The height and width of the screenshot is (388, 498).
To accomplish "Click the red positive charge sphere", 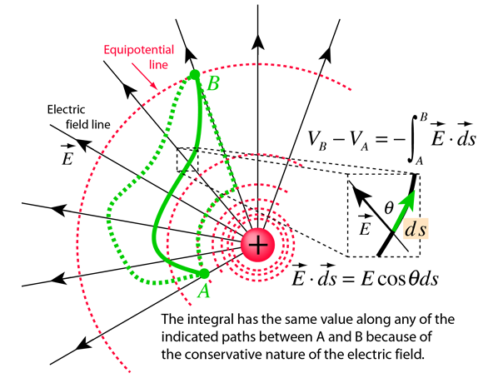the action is click(257, 245).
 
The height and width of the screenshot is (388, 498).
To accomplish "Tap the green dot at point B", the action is click(195, 75).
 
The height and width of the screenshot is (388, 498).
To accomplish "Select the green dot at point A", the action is click(204, 273).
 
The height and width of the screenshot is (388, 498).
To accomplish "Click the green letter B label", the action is click(213, 84).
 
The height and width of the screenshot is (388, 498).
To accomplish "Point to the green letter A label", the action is click(203, 291).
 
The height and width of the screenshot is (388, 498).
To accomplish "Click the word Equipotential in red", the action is click(139, 50).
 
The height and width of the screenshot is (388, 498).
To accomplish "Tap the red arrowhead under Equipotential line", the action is click(154, 85).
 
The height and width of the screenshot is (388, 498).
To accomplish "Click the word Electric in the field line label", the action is click(66, 110).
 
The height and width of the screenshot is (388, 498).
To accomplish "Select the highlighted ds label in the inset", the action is click(416, 229).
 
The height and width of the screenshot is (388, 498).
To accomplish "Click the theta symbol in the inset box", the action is click(389, 208).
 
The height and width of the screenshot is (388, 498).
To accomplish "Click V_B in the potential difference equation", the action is click(317, 139).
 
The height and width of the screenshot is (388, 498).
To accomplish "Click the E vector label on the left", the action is click(67, 155).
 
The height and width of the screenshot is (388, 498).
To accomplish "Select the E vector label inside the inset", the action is click(365, 225).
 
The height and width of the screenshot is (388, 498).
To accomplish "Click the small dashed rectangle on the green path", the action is click(187, 160).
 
